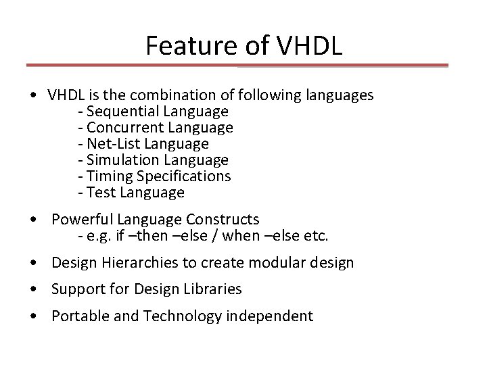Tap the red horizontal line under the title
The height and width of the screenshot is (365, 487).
coord(237,66)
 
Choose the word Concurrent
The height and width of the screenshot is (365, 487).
coord(123,127)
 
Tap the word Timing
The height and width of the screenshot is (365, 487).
coord(109,176)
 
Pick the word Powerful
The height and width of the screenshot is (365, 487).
coord(81,220)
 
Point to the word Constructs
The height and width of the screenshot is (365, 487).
coord(225,220)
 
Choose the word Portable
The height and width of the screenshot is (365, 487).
coord(77,316)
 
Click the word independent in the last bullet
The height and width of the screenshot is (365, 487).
coord(275,316)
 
